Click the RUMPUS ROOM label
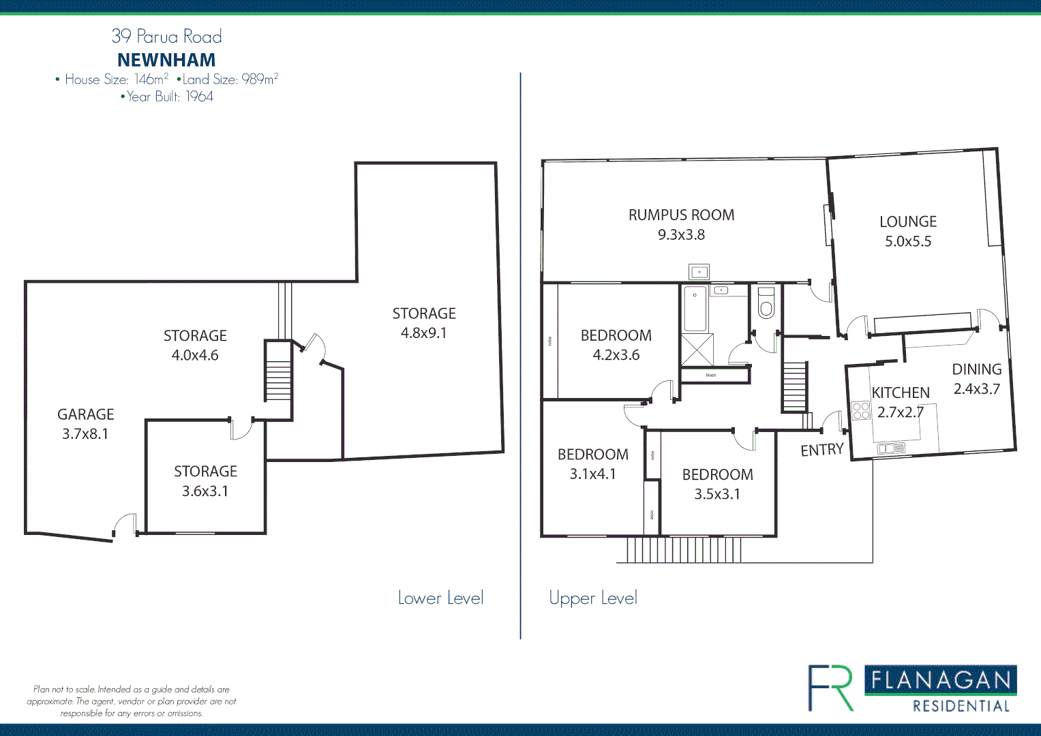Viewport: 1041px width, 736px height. coord(681,215)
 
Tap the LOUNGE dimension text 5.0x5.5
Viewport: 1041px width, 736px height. coord(907,241)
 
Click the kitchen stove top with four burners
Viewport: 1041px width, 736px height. coord(861,410)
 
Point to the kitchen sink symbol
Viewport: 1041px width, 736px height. coord(890,448)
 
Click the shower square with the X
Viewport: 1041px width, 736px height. coord(697,350)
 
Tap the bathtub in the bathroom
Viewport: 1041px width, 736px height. coord(695,309)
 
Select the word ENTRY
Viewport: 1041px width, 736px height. coord(821,450)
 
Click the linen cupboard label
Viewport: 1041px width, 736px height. coord(711,375)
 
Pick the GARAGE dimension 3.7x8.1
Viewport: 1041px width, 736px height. coord(85,434)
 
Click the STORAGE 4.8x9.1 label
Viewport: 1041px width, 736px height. coord(423,314)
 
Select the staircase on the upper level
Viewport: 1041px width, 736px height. coord(794,386)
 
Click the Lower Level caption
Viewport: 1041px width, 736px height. coord(440,598)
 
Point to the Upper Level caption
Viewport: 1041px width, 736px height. coord(593,598)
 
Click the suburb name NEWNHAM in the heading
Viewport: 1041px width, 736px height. coord(166,60)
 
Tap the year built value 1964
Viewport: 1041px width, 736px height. coord(199,97)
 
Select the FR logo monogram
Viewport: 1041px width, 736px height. coord(830,688)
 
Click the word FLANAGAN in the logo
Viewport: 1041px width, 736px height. coord(941,680)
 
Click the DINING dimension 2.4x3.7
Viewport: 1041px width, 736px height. coord(976,389)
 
